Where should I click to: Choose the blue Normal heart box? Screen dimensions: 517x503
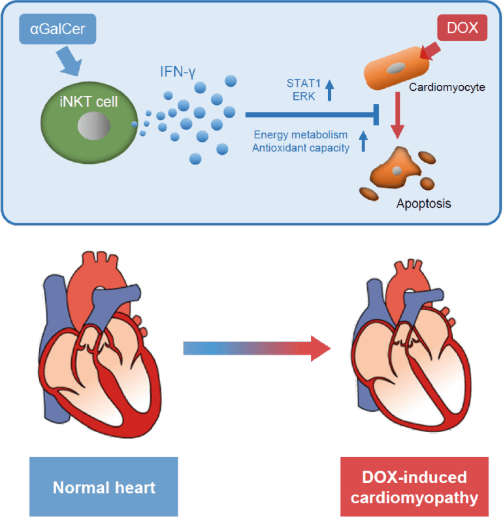103,487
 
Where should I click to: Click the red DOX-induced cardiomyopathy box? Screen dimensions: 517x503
414,487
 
